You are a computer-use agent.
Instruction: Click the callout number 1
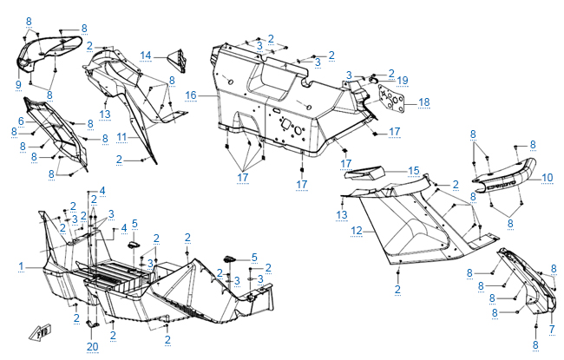pos(21,265)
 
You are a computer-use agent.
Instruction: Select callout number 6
pos(21,121)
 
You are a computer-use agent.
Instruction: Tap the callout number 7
pos(551,329)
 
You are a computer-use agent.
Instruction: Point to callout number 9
pos(17,83)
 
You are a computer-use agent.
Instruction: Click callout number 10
pos(548,178)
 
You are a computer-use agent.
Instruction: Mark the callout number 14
pos(147,56)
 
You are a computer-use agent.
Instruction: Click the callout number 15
pos(414,170)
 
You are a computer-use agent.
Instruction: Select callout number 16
pos(190,94)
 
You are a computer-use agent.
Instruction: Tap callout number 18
pos(423,101)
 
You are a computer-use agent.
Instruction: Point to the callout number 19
pos(402,80)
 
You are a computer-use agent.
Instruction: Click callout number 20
pos(93,347)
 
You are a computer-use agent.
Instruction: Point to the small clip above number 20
pos(93,324)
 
